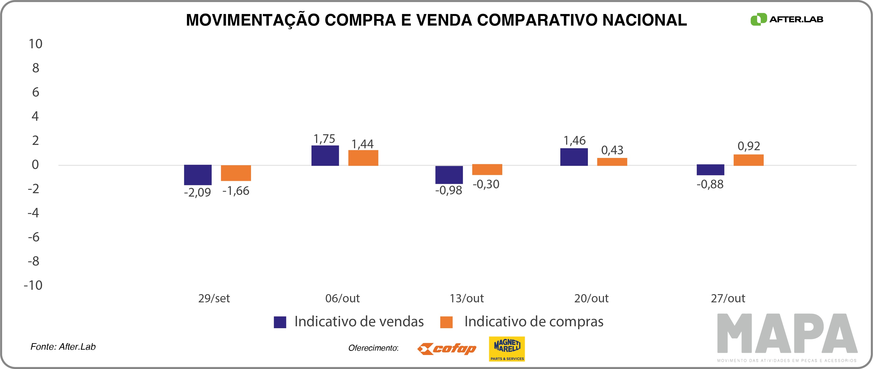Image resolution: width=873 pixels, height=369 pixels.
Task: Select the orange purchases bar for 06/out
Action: point(363,158)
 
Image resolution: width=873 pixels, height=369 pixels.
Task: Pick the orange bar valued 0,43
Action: point(612,162)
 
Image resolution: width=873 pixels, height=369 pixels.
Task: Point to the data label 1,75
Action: point(324,139)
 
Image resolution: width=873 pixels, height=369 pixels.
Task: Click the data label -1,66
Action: point(236,191)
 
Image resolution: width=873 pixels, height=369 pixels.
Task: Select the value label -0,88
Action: point(710,184)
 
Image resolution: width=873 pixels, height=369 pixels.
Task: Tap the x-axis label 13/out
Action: point(467,298)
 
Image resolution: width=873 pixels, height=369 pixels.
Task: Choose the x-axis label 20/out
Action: point(591,298)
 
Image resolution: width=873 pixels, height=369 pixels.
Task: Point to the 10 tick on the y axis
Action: point(35,44)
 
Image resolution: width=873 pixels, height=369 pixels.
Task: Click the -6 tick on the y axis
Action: point(34,237)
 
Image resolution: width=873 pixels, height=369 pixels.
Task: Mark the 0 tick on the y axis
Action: point(35,165)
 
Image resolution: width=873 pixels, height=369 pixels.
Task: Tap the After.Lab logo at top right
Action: point(787,19)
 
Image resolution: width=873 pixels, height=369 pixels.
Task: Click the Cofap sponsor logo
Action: point(447,349)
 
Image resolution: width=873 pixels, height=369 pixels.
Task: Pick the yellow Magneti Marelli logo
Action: point(507,349)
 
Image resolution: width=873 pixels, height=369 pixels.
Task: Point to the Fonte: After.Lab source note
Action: point(63,347)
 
